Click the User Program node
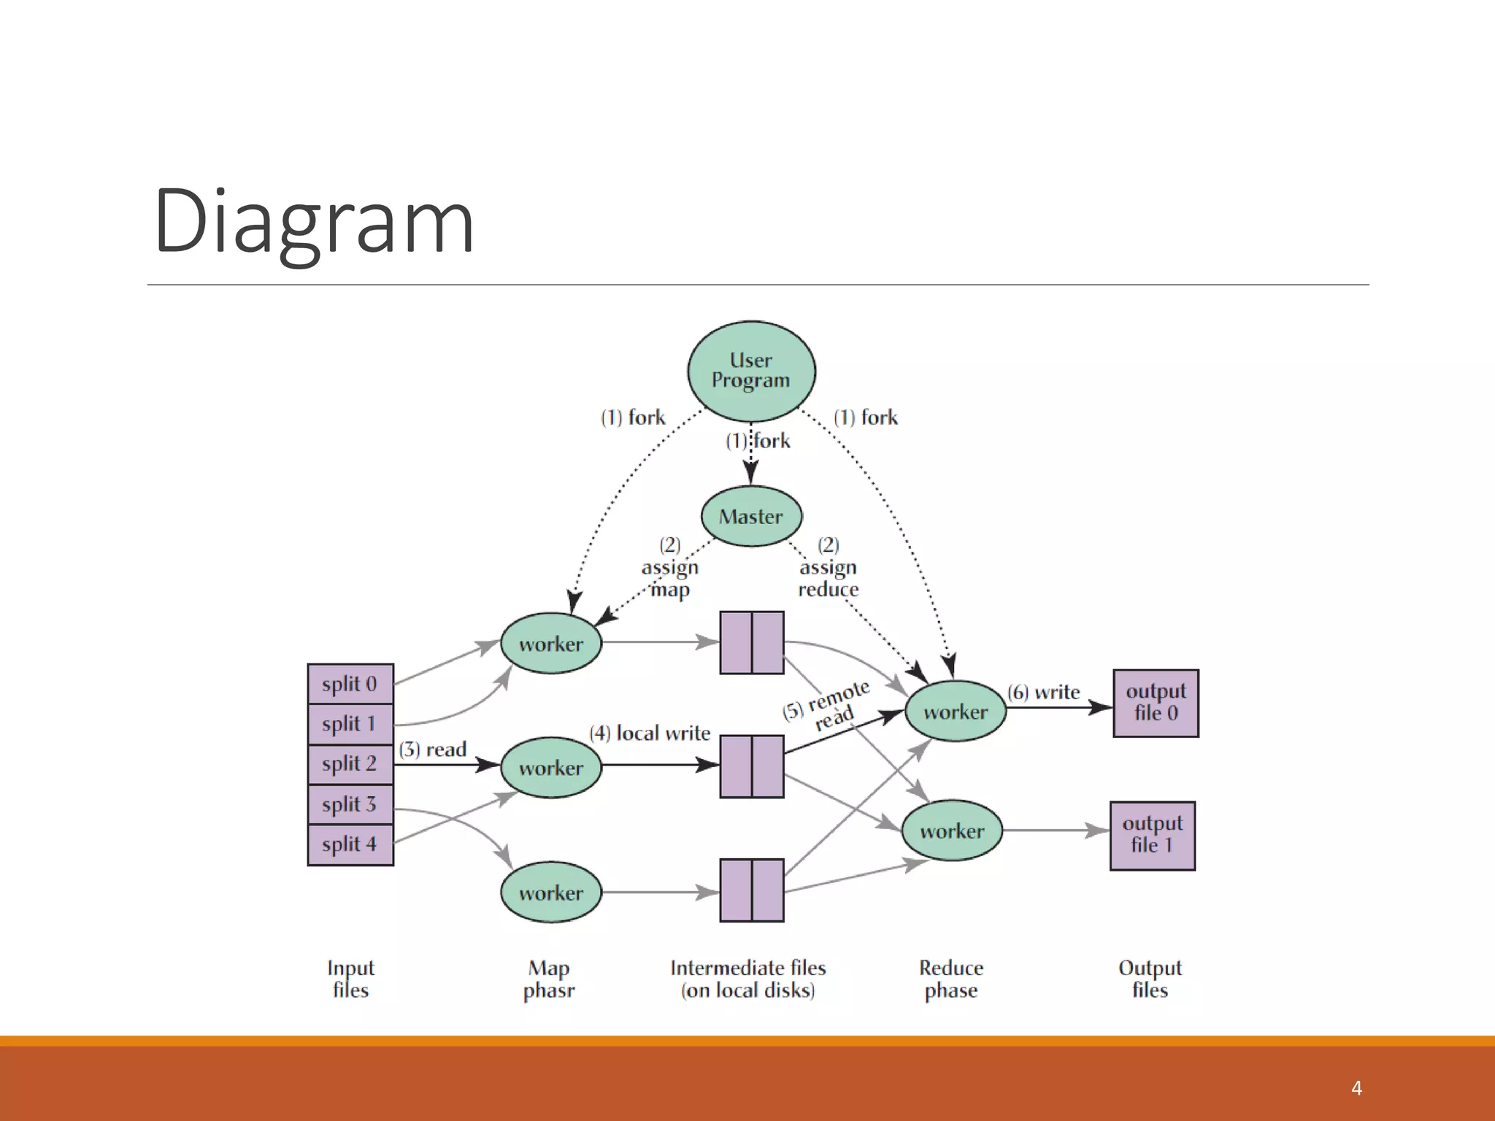coord(751,371)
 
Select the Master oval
coord(751,516)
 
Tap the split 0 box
coord(350,684)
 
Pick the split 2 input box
coord(350,763)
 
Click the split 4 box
coord(350,844)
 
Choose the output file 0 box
coord(1156,703)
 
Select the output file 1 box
coord(1152,835)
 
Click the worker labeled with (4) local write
coord(551,767)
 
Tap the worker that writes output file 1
coord(952,831)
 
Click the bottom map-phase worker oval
coord(551,892)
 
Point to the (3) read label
coord(433,750)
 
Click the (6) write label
coord(1044,692)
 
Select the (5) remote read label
coord(828,706)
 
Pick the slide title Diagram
coord(314,220)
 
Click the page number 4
coord(1356,1088)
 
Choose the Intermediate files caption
coord(748,979)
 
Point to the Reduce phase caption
coord(951,979)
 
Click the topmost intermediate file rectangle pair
coord(752,642)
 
